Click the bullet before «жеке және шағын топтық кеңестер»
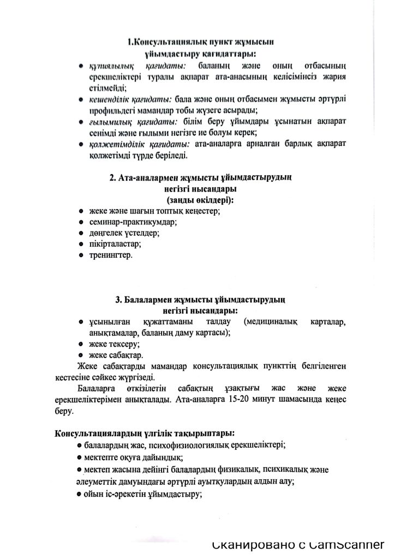[80, 211]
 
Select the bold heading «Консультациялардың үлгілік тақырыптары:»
[145, 434]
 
